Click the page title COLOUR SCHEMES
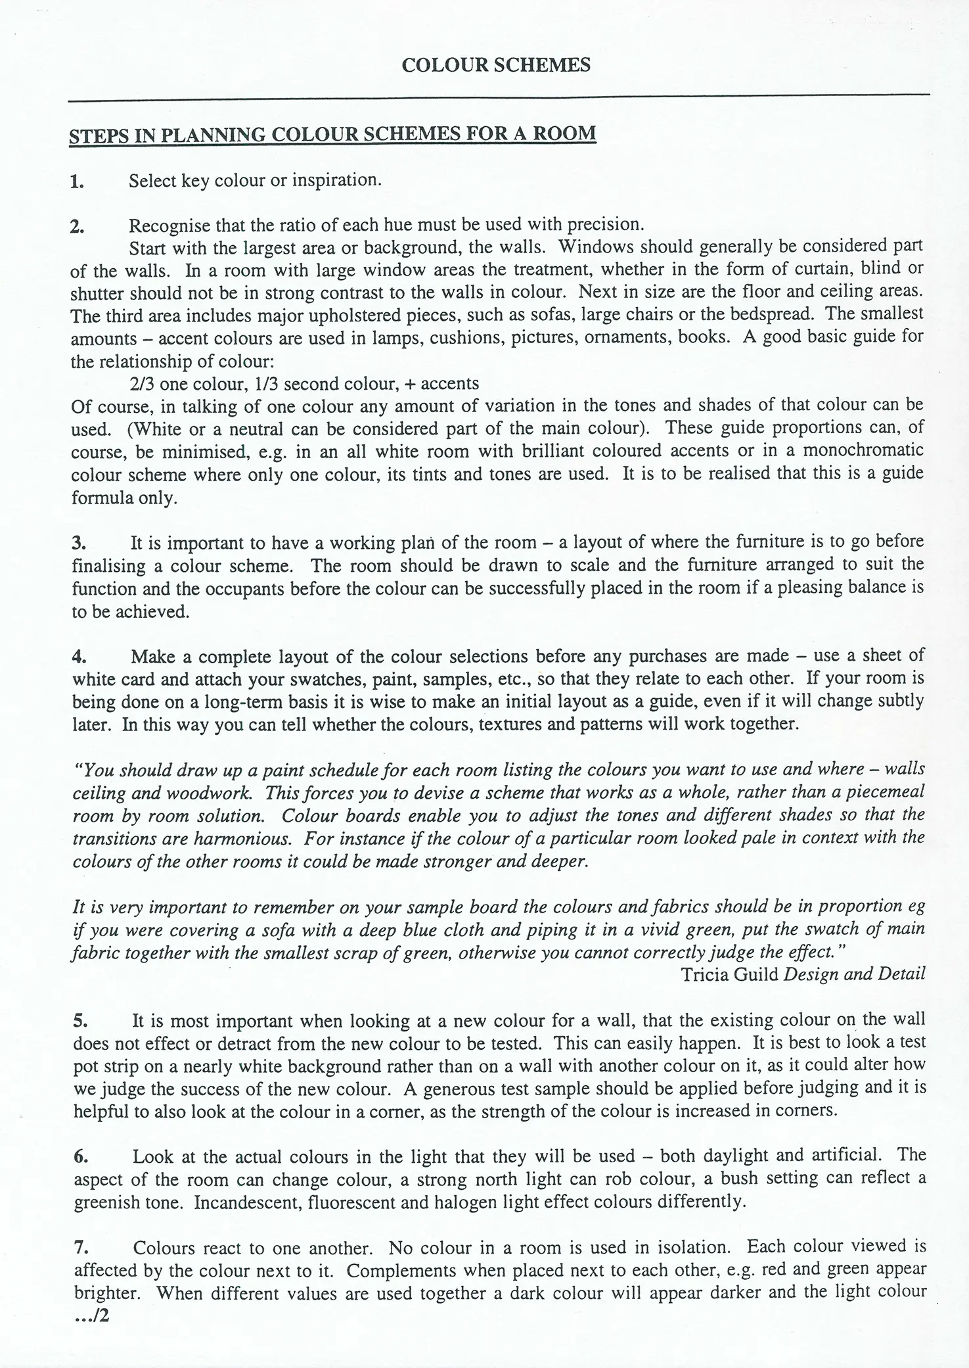[495, 65]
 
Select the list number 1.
[77, 181]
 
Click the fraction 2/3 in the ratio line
[142, 383]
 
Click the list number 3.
[79, 544]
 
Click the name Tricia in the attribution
[704, 974]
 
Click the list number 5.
[79, 1022]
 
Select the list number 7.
[79, 1248]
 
